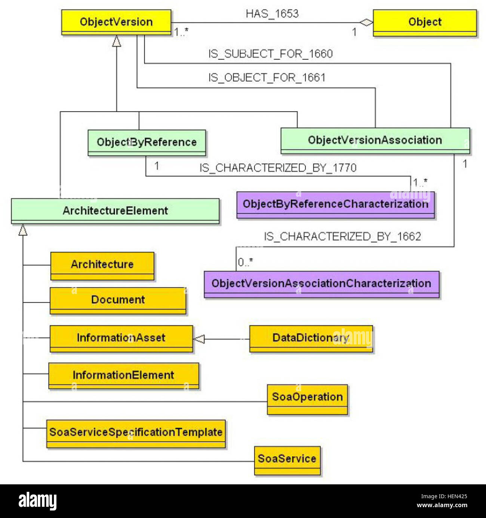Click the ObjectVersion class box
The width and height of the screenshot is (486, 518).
point(116,22)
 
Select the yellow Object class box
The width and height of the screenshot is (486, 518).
point(425,22)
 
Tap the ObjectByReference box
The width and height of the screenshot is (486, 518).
point(147,142)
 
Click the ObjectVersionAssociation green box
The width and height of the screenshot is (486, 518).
point(375,140)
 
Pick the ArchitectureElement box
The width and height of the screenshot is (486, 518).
point(115,211)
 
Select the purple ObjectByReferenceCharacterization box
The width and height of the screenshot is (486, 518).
point(335,204)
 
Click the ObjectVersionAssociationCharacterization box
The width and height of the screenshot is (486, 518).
point(321,283)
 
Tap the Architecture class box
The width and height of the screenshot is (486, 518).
point(102,265)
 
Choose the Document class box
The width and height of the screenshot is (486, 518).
point(118,300)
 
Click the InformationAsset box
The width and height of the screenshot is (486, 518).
point(121,338)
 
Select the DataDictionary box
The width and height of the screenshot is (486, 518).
point(311,338)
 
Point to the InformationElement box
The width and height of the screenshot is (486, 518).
point(123,375)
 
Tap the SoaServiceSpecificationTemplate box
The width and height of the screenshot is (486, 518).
point(136,433)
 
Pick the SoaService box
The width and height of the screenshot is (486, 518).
point(287,459)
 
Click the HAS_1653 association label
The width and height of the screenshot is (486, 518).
point(272,14)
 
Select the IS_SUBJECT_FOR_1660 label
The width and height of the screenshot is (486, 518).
point(271,54)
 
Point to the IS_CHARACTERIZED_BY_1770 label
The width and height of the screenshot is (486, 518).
point(278,168)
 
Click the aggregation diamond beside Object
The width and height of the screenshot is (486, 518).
point(366,23)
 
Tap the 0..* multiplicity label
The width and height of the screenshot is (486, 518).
point(245,262)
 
